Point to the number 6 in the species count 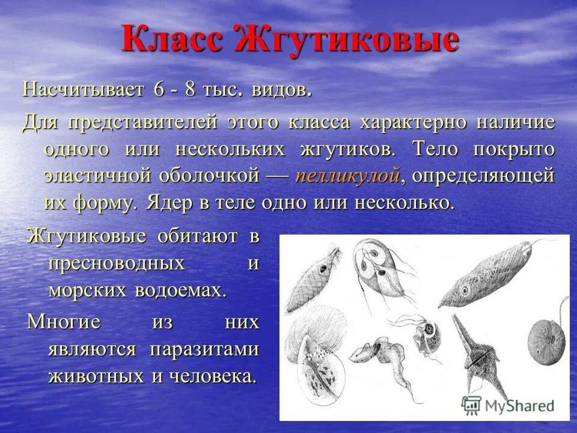pyautogui.click(x=159, y=90)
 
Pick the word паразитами pyautogui.click(x=204, y=350)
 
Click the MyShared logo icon pyautogui.click(x=471, y=404)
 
